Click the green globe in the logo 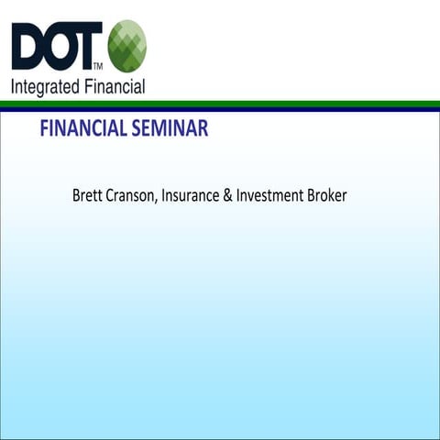[126, 46]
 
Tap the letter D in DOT [27, 47]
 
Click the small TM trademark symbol [98, 66]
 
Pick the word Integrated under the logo [43, 87]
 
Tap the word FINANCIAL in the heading [82, 129]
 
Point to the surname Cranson [131, 196]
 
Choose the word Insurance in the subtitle [190, 196]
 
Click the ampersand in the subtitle [227, 196]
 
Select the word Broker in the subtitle [325, 196]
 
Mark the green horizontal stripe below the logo [220, 104]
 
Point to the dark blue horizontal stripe [220, 109]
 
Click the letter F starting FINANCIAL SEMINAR [44, 129]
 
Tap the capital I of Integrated [13, 87]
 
